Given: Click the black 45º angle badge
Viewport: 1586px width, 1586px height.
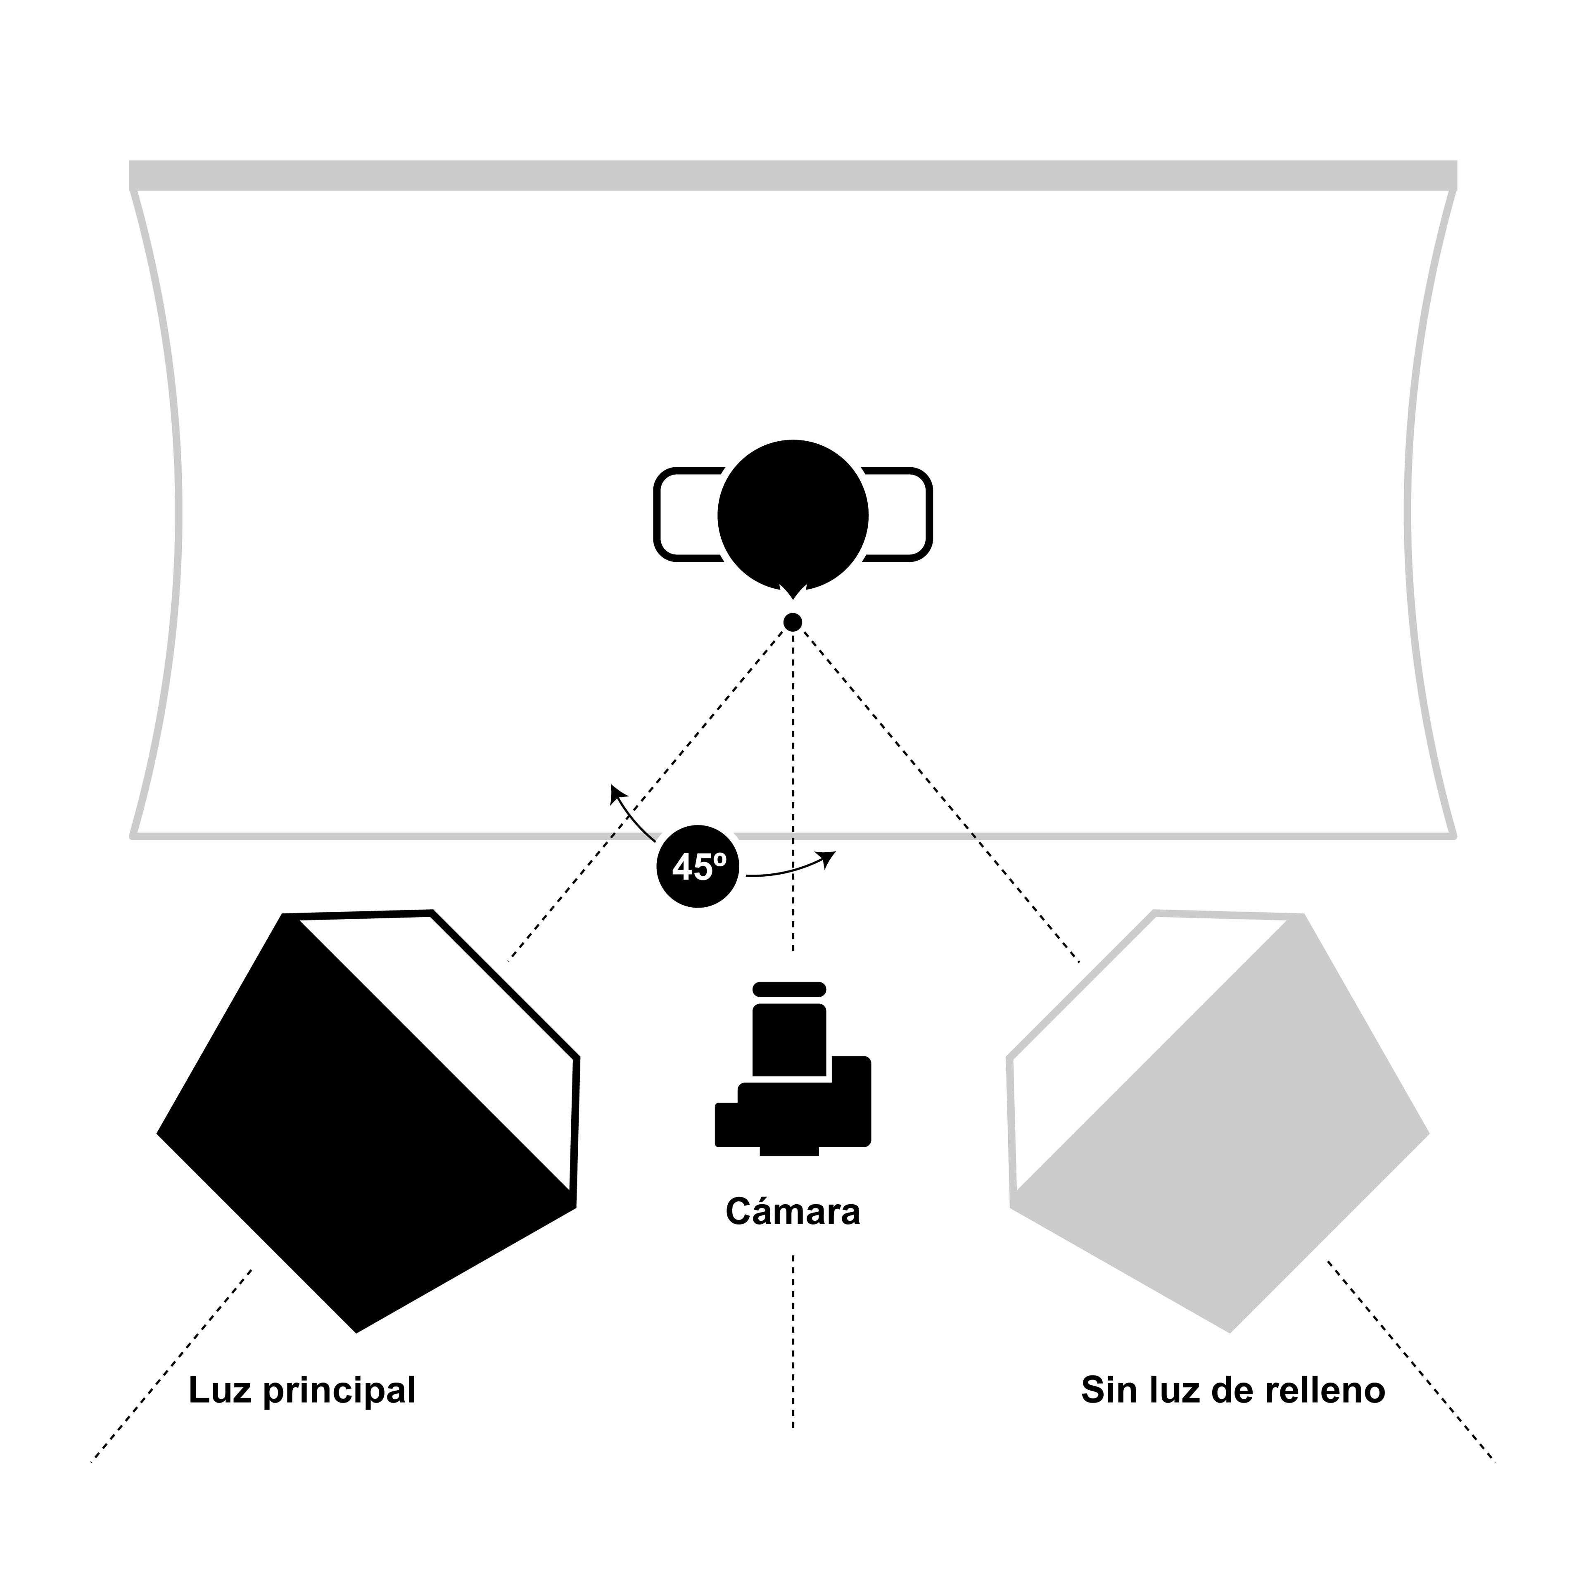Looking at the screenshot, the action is tap(698, 866).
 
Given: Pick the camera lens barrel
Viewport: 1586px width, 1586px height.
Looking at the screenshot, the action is tap(789, 1039).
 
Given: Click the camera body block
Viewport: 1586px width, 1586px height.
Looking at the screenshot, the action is tap(821, 1113).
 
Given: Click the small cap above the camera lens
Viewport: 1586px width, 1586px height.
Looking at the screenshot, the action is tap(789, 989).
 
